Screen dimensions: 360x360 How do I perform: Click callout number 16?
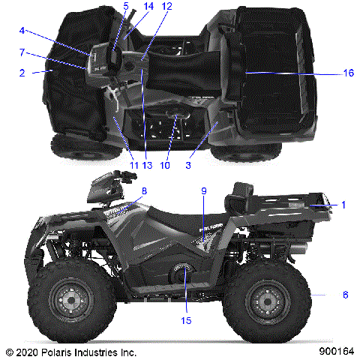348,73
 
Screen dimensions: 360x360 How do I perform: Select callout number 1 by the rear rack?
344,204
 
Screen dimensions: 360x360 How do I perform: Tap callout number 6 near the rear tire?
345,295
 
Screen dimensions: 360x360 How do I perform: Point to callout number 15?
186,319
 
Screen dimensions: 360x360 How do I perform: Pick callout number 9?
202,190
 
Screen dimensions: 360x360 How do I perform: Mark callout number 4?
22,31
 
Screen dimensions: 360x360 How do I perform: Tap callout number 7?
22,52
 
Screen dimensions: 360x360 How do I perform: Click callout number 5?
126,6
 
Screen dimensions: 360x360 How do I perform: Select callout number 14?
148,6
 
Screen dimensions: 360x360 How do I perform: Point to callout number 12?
166,6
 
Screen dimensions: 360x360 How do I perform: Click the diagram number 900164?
335,351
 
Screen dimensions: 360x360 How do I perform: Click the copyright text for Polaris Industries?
70,351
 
